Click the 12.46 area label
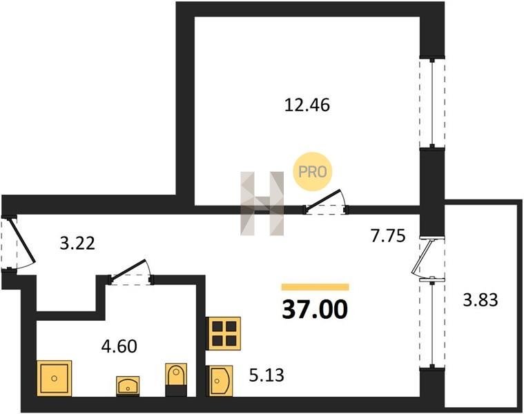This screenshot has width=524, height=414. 307,104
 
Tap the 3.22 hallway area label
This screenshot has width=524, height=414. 77,243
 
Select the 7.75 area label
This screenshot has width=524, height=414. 388,236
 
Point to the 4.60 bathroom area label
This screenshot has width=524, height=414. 119,346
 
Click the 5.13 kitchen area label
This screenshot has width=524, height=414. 266,375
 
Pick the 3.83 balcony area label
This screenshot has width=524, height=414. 481,299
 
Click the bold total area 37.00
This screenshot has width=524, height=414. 315,310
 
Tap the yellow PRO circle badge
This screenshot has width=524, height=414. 313,172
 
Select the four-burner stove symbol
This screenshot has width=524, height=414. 224,333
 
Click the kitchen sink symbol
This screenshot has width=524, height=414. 220,381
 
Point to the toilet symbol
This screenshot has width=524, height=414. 176,379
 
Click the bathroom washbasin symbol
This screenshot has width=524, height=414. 128,386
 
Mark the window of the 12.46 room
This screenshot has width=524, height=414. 432,103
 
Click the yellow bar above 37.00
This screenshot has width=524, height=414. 315,287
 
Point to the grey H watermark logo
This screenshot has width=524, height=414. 262,204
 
